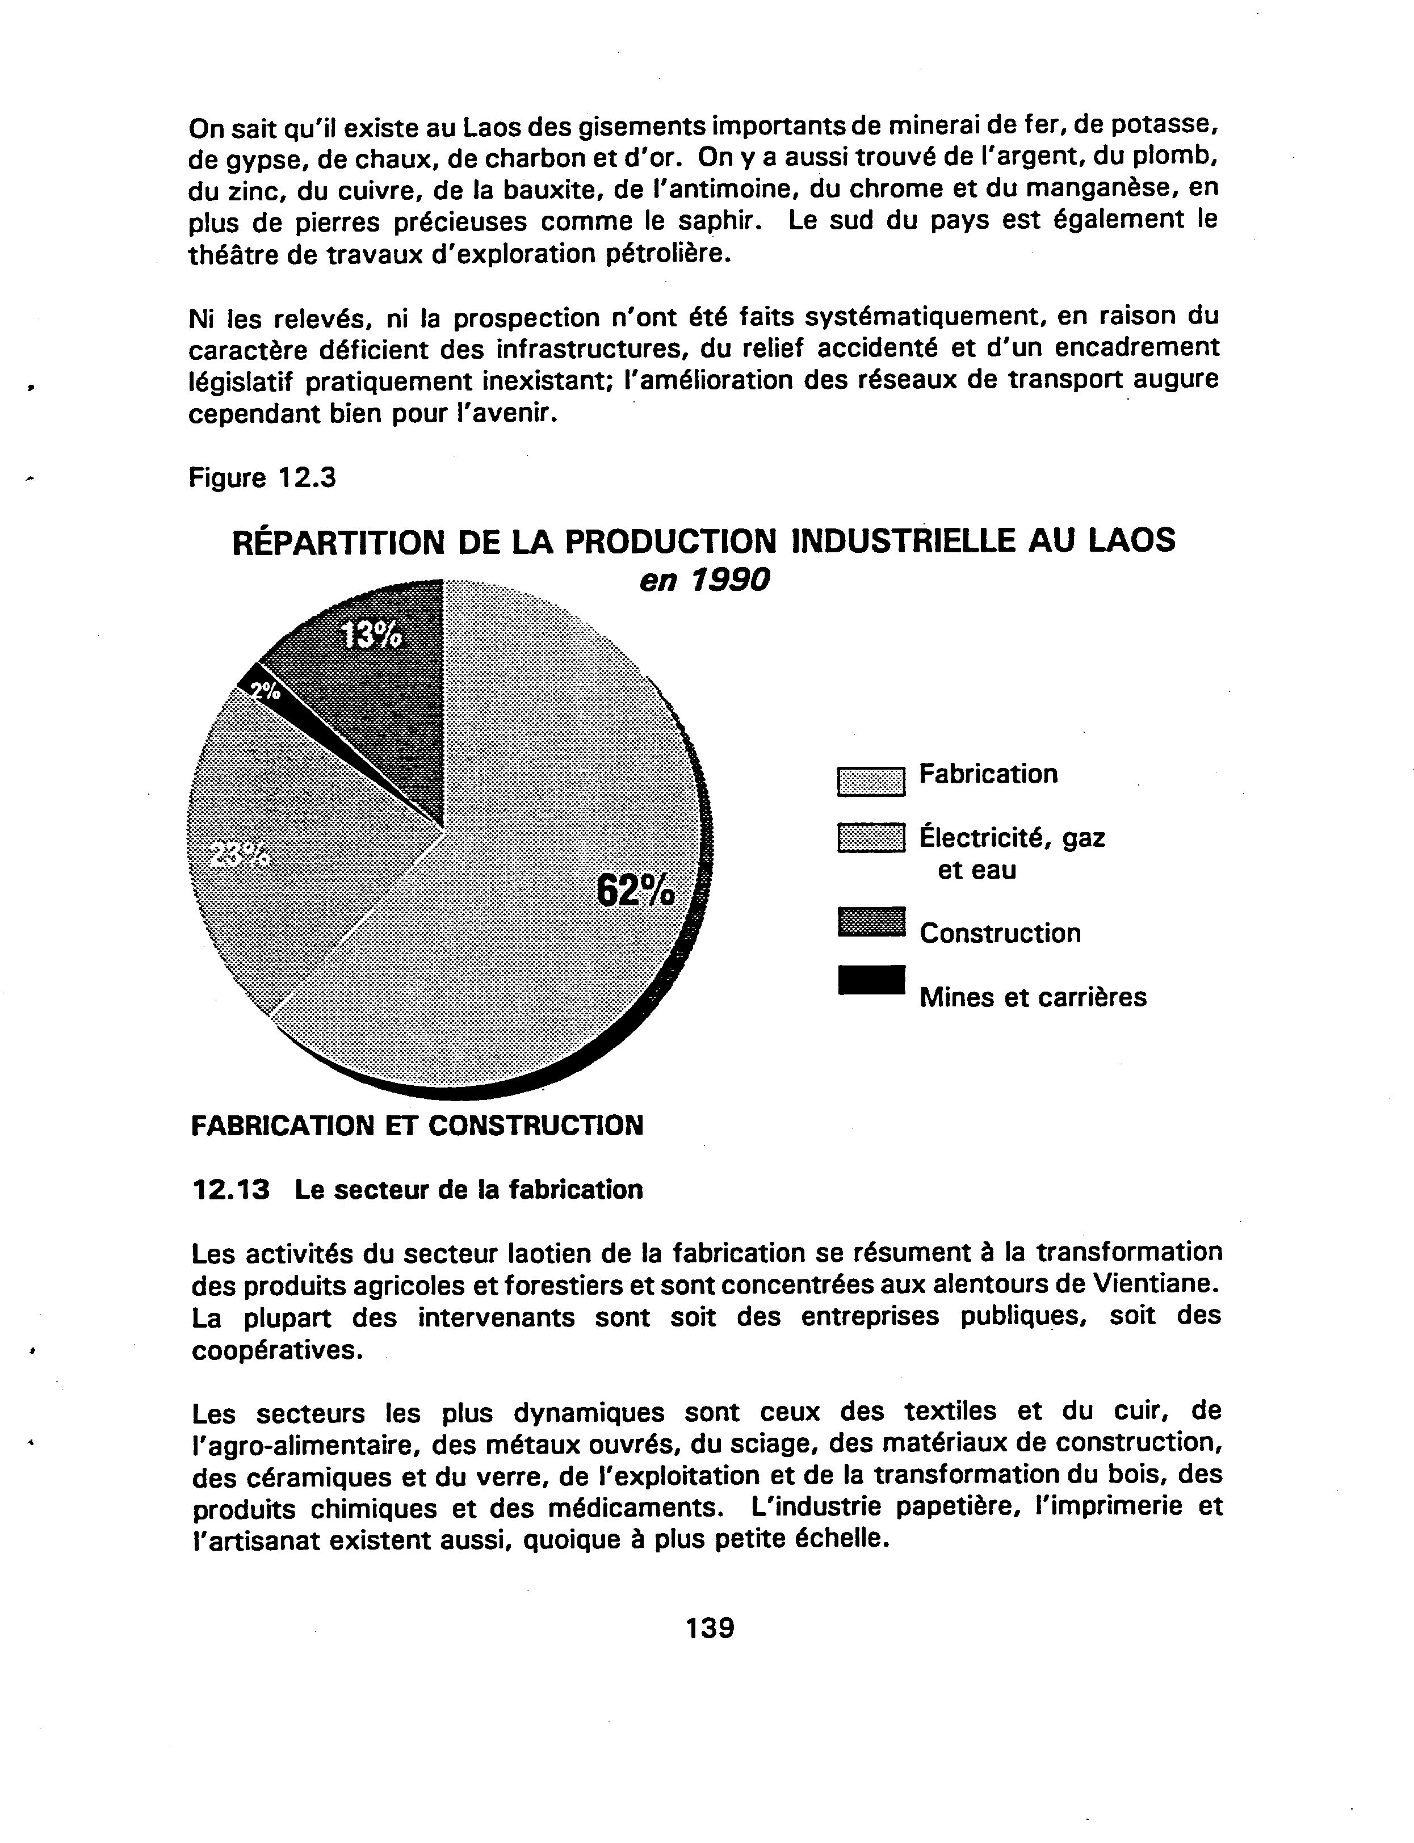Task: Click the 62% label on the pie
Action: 635,891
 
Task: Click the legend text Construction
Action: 1000,933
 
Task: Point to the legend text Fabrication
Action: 988,774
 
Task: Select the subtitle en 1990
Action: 704,580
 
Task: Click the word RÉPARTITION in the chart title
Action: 338,541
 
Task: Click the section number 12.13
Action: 230,1190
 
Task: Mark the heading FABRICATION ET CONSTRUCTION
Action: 417,1125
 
